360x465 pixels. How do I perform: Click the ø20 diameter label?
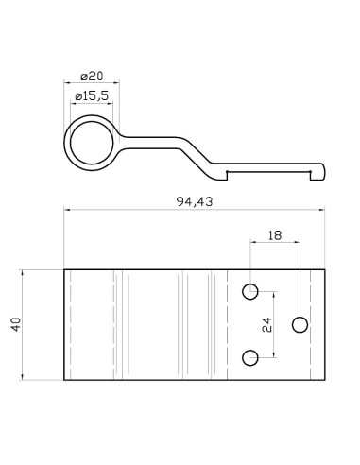(x=92, y=76)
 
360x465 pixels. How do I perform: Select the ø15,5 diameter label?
(x=92, y=95)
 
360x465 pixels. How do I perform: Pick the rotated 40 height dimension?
(x=15, y=324)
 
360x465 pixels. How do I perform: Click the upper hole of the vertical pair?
(x=250, y=290)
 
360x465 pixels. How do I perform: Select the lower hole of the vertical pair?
(x=250, y=356)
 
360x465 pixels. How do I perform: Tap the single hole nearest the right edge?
(x=300, y=324)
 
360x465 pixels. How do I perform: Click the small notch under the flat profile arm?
(x=227, y=173)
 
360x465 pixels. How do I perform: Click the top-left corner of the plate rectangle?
(x=64, y=269)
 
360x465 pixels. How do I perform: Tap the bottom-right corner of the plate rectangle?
(x=326, y=379)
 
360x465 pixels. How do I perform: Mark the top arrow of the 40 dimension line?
(x=22, y=271)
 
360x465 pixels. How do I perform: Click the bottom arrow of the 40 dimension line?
(x=22, y=377)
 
